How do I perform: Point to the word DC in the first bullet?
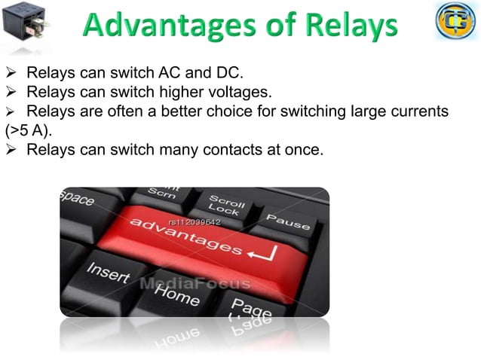click(230, 74)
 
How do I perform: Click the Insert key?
click(108, 273)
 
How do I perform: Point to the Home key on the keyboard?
click(176, 294)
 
